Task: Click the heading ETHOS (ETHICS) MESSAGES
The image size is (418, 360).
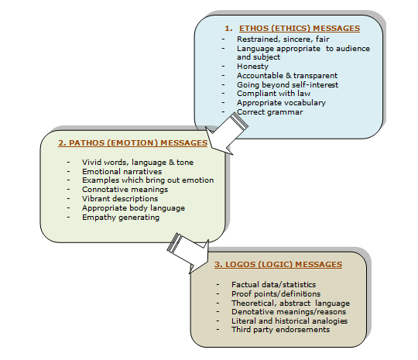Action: click(x=300, y=29)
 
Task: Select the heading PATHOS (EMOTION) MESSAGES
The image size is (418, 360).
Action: click(x=133, y=143)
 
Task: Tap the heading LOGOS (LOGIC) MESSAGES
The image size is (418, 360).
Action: click(x=279, y=264)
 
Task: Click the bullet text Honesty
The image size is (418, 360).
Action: click(x=252, y=66)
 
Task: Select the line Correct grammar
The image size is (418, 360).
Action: click(x=270, y=112)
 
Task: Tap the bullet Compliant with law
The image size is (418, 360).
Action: click(x=273, y=94)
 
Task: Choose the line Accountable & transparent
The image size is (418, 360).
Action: click(x=287, y=75)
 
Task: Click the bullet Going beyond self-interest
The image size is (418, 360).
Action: click(x=287, y=85)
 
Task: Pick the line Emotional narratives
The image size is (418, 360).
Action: click(x=122, y=171)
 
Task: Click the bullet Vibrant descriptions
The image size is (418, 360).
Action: click(x=120, y=199)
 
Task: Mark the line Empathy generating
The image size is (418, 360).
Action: click(x=121, y=218)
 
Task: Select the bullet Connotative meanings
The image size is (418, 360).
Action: click(x=125, y=190)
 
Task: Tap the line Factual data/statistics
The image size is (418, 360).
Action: click(x=273, y=285)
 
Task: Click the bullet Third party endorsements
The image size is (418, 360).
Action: click(x=280, y=330)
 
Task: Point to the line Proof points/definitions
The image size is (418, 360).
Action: click(x=276, y=294)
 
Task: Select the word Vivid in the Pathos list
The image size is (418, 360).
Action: click(x=91, y=162)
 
